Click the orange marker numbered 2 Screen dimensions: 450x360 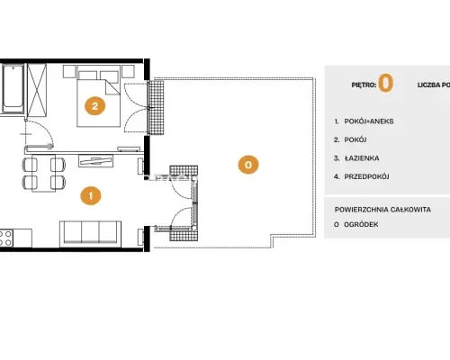[x=95, y=106]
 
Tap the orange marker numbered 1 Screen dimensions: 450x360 [x=91, y=196]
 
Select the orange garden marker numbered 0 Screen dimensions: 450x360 [x=248, y=165]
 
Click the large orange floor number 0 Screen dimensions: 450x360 [x=386, y=84]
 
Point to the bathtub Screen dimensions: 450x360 [x=13, y=89]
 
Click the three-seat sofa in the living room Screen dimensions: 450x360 [x=90, y=233]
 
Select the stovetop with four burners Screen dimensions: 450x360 [x=6, y=238]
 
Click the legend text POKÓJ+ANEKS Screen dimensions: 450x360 [x=369, y=121]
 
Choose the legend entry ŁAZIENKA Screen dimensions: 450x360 [x=362, y=158]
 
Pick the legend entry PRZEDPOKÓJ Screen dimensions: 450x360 [x=366, y=176]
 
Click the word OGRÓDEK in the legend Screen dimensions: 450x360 [x=361, y=224]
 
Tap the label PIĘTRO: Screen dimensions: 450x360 [x=364, y=85]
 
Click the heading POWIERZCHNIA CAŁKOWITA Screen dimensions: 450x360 [x=382, y=210]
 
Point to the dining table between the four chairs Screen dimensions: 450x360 [x=44, y=173]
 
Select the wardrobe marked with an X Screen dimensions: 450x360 [x=37, y=90]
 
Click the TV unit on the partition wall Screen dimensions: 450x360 [x=95, y=161]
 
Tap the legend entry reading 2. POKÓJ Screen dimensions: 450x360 [x=350, y=139]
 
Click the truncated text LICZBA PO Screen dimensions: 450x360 [x=434, y=85]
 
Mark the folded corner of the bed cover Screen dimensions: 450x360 [x=112, y=87]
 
